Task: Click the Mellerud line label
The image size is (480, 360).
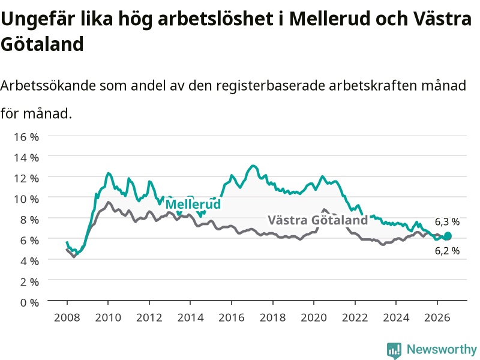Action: pos(193,204)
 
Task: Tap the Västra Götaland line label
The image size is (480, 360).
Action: pos(318,220)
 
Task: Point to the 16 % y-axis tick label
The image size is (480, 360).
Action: pos(26,137)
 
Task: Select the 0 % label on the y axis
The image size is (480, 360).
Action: pos(29,303)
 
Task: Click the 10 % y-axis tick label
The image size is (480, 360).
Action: pos(26,199)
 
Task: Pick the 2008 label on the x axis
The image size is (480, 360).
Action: pos(67,317)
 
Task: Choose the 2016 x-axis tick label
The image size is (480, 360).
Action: pos(232,317)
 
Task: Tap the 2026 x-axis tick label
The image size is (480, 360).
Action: pos(437,317)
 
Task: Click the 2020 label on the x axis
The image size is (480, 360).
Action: pos(314,317)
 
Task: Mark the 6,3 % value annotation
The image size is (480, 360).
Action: pos(447,222)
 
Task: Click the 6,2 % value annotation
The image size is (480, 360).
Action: pos(447,251)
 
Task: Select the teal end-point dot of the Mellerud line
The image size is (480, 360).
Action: pos(448,236)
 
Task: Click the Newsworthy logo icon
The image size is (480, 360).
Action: pos(394,350)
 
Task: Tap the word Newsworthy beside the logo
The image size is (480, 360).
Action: pos(442,349)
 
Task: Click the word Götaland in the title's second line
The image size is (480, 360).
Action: pos(42,44)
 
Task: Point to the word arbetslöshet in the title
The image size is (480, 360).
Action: pos(215,19)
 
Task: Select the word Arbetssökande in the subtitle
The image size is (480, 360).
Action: pos(48,85)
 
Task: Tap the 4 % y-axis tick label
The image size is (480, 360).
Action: pos(29,262)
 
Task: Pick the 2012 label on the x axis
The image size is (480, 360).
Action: pos(149,317)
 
